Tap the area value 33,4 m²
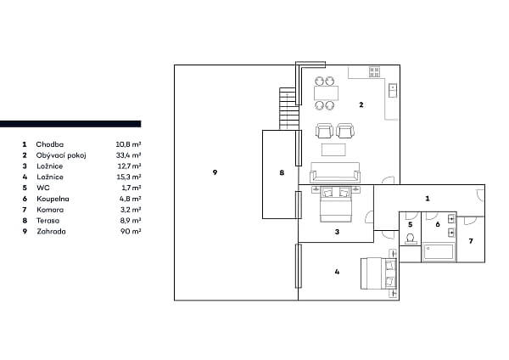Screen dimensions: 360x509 point(128,156)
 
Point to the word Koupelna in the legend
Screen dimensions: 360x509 point(51,199)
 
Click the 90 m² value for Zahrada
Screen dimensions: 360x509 point(131,231)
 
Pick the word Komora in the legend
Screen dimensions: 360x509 point(49,210)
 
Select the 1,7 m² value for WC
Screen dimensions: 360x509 point(130,188)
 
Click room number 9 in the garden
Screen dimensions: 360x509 point(215,172)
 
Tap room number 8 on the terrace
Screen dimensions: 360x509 point(282,173)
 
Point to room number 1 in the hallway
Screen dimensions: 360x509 point(428,198)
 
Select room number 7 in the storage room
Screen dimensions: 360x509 point(471,240)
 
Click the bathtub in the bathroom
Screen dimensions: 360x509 point(439,252)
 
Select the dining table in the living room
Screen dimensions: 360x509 point(326,93)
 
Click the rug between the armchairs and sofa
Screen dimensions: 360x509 point(333,150)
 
